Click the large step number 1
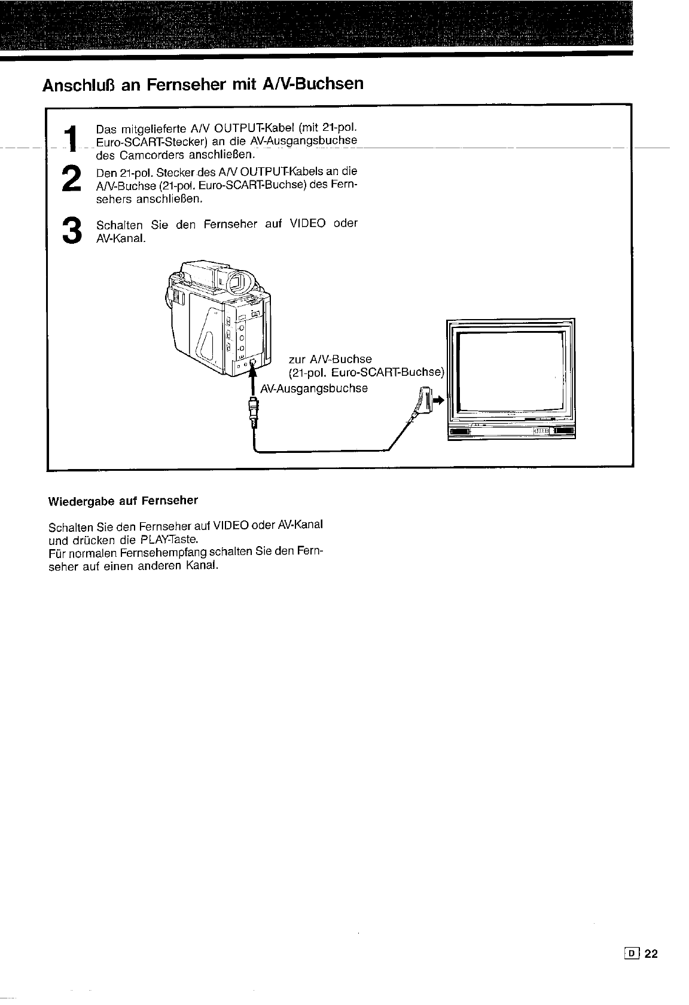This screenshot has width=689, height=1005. point(72,138)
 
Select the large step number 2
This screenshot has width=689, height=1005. point(71,179)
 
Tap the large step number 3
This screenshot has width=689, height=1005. point(72,230)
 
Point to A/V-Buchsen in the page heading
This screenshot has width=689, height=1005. point(313,84)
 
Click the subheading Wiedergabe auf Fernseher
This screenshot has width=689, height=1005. point(123,501)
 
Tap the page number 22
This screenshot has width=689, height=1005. point(651,954)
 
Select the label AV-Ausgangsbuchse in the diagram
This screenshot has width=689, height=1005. point(314,388)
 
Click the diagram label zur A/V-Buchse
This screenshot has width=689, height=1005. point(330,359)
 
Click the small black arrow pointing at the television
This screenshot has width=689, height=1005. point(438,400)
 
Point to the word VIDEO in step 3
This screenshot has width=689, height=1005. point(307,223)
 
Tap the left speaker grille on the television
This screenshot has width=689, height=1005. point(459,431)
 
